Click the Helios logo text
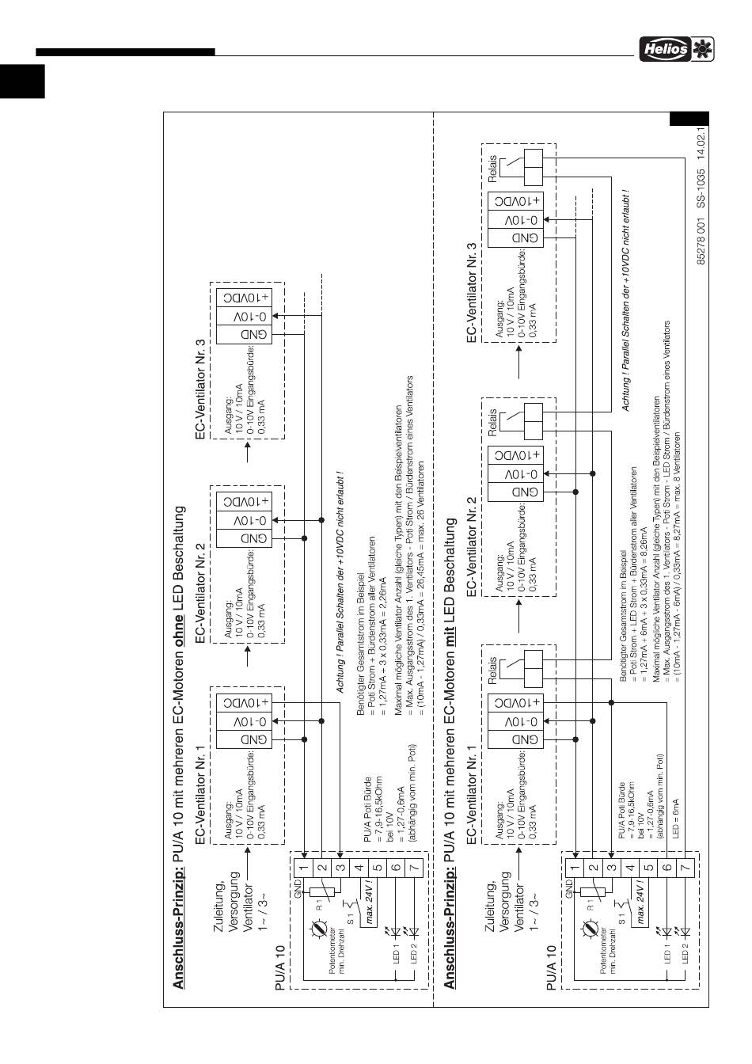pyautogui.click(x=664, y=49)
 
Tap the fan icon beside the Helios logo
pyautogui.click(x=701, y=49)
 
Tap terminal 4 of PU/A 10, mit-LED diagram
pyautogui.click(x=629, y=867)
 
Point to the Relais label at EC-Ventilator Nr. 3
pyautogui.click(x=493, y=169)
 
